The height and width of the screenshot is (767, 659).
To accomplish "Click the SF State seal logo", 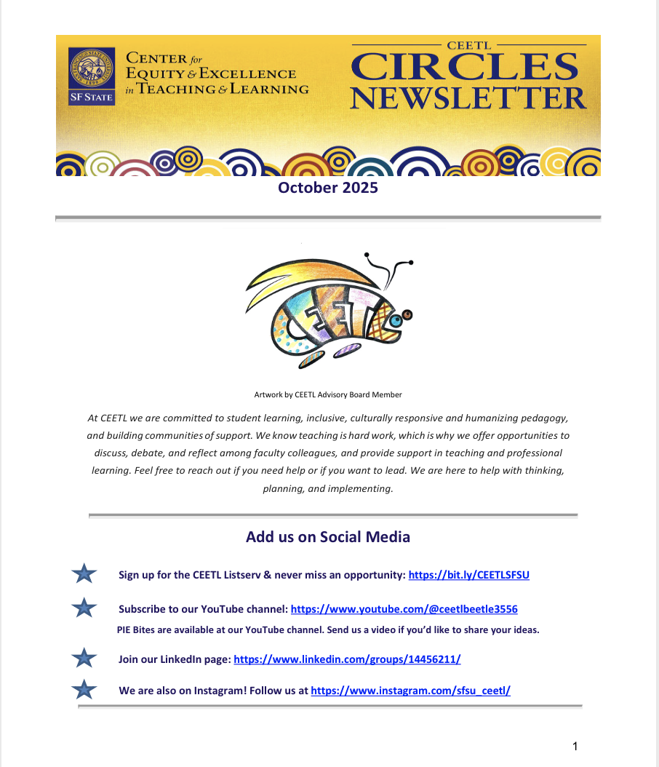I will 91,76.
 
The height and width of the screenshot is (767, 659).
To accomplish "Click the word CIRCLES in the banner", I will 464,68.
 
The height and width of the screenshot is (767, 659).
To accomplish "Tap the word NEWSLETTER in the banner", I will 468,97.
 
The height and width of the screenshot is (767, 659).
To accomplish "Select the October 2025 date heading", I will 328,188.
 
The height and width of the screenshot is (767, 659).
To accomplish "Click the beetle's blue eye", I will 396,319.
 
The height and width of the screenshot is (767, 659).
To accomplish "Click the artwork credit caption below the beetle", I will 328,394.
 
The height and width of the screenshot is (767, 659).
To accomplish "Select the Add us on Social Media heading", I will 328,537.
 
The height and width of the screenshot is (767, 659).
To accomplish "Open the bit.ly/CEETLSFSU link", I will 469,575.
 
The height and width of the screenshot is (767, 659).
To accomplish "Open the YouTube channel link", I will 404,608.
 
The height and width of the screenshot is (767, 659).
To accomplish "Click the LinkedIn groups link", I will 347,659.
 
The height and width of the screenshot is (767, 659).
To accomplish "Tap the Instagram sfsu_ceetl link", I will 410,691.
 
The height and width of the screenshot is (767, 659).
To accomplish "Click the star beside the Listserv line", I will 85,575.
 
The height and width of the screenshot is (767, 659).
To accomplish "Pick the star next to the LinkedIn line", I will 85,659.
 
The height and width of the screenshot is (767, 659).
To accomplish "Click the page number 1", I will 575,747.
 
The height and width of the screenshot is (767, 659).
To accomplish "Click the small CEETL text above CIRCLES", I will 468,45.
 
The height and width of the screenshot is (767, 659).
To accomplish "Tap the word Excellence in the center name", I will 252,73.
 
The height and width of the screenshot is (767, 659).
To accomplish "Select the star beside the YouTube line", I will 85,608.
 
